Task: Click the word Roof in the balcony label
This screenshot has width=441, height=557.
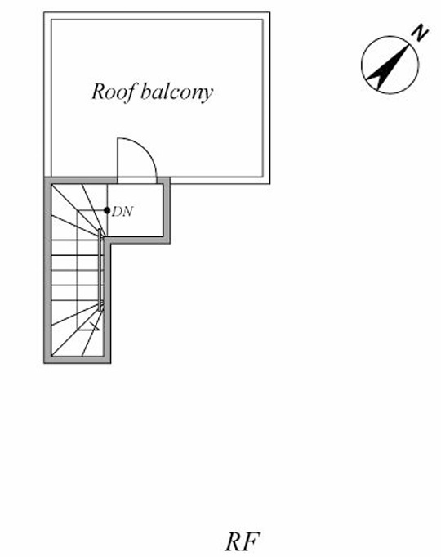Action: (114, 92)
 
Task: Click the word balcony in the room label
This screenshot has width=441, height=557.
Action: (177, 92)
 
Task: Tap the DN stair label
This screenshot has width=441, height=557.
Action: (122, 212)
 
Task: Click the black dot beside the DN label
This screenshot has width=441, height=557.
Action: (107, 210)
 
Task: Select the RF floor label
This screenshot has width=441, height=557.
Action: (243, 541)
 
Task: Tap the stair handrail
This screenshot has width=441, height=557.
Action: (101, 271)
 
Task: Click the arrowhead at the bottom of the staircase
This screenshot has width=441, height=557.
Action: (95, 326)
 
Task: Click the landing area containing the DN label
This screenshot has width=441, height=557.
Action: (136, 210)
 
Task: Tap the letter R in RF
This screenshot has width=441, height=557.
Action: (234, 541)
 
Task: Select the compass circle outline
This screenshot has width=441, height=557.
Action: (362, 65)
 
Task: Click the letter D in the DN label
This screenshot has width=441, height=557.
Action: (117, 212)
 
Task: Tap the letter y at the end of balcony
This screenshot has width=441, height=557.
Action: (208, 95)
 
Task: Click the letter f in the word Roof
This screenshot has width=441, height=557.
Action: (131, 92)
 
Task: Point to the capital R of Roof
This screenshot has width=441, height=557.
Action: (99, 92)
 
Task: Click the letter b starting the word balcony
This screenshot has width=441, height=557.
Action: (145, 92)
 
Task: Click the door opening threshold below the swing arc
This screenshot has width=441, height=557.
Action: (137, 181)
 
